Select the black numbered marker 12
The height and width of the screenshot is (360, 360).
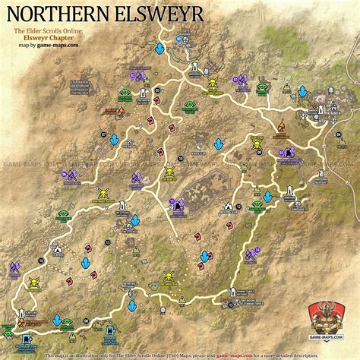click(238, 207)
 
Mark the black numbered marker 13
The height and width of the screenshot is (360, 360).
click(107, 242)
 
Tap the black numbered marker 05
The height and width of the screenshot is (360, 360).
click(156, 90)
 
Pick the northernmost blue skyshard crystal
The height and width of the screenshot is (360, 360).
click(159, 48)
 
